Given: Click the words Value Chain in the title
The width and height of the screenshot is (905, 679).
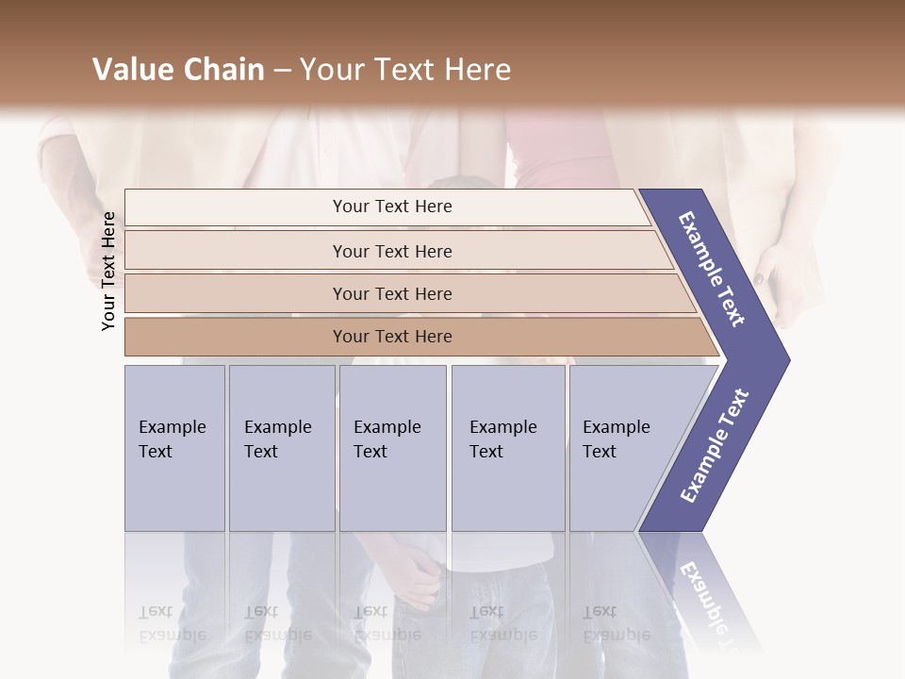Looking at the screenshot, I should pyautogui.click(x=178, y=70).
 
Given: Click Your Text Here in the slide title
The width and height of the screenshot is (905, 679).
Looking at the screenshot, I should pyautogui.click(x=405, y=70).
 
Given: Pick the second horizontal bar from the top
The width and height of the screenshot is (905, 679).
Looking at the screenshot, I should pyautogui.click(x=392, y=251).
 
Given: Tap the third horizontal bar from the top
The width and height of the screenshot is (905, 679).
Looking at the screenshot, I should pyautogui.click(x=392, y=293).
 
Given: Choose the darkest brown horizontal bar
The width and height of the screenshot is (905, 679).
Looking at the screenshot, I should pyautogui.click(x=392, y=337).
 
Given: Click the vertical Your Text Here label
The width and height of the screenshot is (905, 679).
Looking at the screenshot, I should pyautogui.click(x=108, y=271).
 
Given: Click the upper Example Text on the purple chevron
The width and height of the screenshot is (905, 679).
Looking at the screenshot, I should pyautogui.click(x=712, y=269).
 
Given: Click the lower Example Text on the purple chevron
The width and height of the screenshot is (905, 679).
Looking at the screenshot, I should pyautogui.click(x=715, y=446).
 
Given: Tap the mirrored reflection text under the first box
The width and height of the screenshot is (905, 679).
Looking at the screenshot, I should pyautogui.click(x=172, y=623).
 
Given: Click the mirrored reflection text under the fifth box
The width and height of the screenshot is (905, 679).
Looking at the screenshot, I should pyautogui.click(x=616, y=623).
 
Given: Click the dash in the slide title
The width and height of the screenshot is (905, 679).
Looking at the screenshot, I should pyautogui.click(x=282, y=71).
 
